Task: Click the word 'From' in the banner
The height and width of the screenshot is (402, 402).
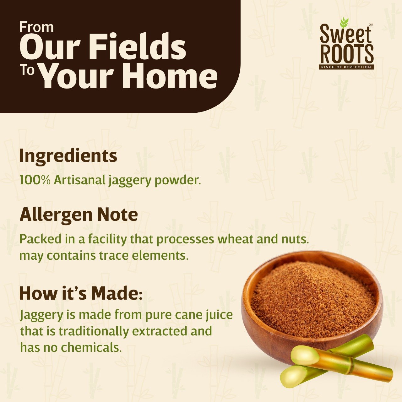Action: [36, 27]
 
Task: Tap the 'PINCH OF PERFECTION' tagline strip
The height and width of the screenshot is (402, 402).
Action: [346, 67]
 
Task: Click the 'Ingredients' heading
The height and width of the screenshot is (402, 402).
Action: [68, 157]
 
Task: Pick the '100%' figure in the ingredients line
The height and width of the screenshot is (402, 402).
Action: [35, 180]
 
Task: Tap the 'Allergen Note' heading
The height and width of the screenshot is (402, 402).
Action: [79, 215]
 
